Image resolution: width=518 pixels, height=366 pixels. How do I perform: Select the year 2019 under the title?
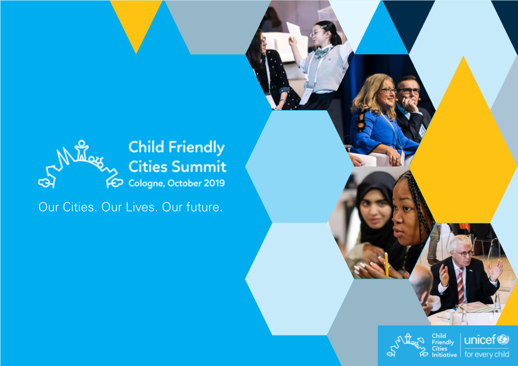pyautogui.click(x=214, y=183)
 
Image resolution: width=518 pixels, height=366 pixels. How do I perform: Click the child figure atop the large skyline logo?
pyautogui.click(x=81, y=150)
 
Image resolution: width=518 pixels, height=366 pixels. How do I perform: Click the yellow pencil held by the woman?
pyautogui.click(x=386, y=264)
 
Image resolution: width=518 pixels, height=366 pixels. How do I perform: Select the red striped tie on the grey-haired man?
pyautogui.click(x=460, y=286)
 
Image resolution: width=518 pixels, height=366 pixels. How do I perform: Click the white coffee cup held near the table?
pyautogui.click(x=434, y=303)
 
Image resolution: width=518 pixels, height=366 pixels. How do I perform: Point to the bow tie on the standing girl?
pyautogui.click(x=321, y=52)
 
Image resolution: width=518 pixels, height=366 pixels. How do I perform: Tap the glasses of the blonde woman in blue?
pyautogui.click(x=389, y=90)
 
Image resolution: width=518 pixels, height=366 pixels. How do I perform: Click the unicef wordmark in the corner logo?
pyautogui.click(x=480, y=340)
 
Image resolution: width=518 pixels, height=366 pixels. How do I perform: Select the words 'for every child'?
pyautogui.click(x=487, y=354)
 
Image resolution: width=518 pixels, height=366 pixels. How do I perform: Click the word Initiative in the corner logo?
pyautogui.click(x=444, y=355)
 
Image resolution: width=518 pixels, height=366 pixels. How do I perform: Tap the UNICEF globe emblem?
pyautogui.click(x=503, y=339)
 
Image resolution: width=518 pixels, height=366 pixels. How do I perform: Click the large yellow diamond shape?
pyautogui.click(x=463, y=142)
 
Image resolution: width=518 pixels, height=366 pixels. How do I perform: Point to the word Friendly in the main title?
pyautogui.click(x=197, y=147)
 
